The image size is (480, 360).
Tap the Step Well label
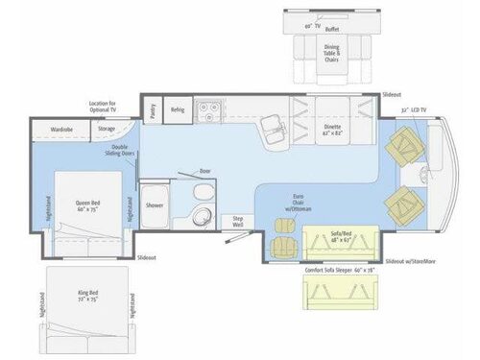[x=239, y=221]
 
